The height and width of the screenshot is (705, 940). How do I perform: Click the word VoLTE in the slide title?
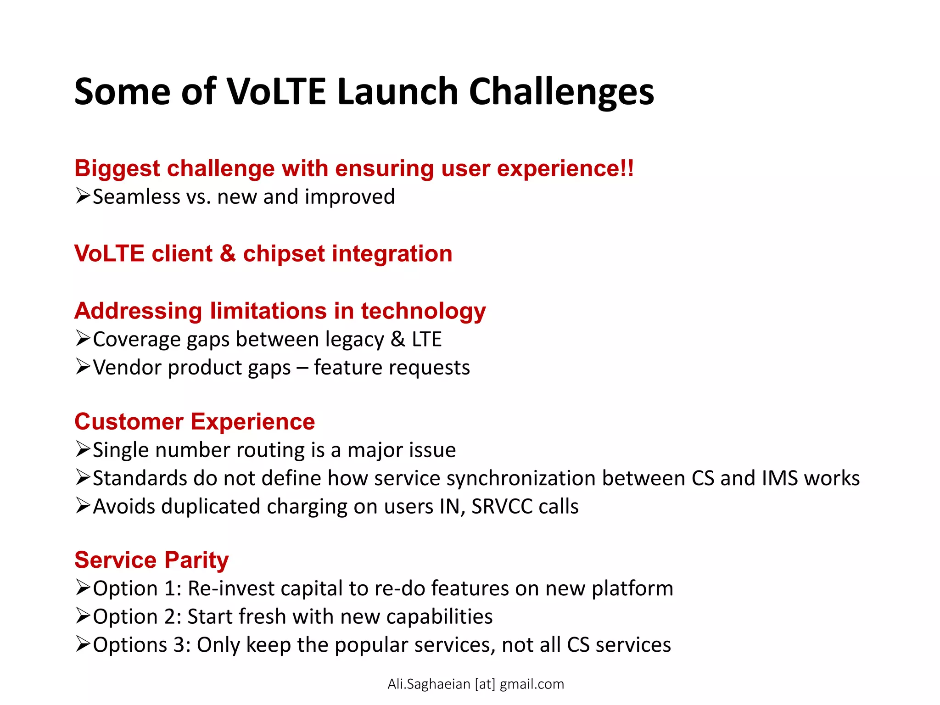point(276,92)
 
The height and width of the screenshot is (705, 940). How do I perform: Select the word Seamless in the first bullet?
point(136,197)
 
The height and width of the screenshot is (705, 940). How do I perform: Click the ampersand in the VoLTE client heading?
point(228,254)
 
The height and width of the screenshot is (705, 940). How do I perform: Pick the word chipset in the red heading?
point(284,254)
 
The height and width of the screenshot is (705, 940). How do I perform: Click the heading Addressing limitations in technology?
point(280,311)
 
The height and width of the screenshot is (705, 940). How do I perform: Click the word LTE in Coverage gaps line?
point(426,340)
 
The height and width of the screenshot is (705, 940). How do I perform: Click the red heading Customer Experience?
point(195,422)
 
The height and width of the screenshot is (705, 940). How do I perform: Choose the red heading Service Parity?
point(151,560)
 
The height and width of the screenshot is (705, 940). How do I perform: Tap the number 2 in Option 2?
point(172,617)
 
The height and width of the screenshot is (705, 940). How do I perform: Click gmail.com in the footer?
point(532,684)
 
